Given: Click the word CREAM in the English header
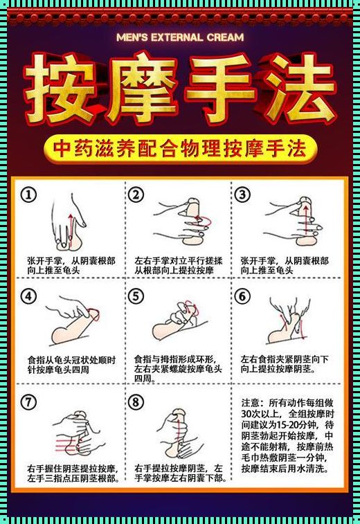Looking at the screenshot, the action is coord(225,37).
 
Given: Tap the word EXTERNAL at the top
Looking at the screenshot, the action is coord(177,37).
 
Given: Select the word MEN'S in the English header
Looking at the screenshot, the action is coord(132,37).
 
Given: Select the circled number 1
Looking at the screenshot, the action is coord(29,195).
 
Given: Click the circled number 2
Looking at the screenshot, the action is coord(136,195).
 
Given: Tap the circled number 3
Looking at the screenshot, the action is coord(242,195).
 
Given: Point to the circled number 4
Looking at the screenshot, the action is coord(29,296).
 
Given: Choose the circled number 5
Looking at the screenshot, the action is coord(136,296).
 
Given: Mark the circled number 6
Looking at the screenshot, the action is coord(242,296).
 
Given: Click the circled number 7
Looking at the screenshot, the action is coord(29,401).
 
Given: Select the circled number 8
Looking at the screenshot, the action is coord(136,401).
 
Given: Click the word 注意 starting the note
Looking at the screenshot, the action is coord(251,403).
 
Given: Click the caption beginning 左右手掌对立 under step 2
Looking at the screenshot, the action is coord(178,265).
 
